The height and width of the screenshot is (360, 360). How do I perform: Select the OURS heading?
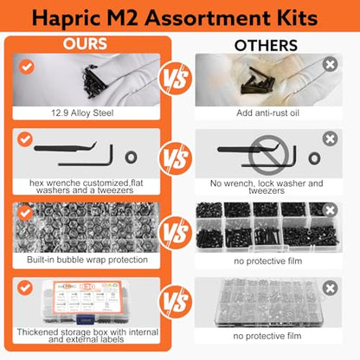tap(85, 44)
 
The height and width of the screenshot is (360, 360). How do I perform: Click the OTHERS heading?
tap(266, 45)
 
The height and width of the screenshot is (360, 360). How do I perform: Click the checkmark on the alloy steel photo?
tap(27, 67)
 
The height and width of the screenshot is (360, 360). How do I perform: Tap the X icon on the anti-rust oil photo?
tap(330, 64)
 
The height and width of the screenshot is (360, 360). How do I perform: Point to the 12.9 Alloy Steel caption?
tap(82, 112)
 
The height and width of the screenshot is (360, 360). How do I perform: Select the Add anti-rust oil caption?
tap(267, 112)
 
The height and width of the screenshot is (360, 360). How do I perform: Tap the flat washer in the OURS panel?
tap(132, 157)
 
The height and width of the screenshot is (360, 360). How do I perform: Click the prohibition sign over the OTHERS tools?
tap(268, 155)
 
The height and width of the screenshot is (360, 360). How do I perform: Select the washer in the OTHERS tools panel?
tap(314, 158)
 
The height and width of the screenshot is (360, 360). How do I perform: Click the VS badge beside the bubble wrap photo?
tap(176, 232)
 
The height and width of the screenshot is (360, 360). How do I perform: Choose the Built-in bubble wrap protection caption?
tap(87, 260)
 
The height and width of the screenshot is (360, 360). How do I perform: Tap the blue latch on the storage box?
tap(87, 319)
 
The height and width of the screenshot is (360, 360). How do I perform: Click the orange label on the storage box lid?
tap(87, 298)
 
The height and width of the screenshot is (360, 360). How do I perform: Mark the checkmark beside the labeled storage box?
tap(25, 288)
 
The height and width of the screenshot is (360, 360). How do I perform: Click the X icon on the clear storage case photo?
tap(330, 288)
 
